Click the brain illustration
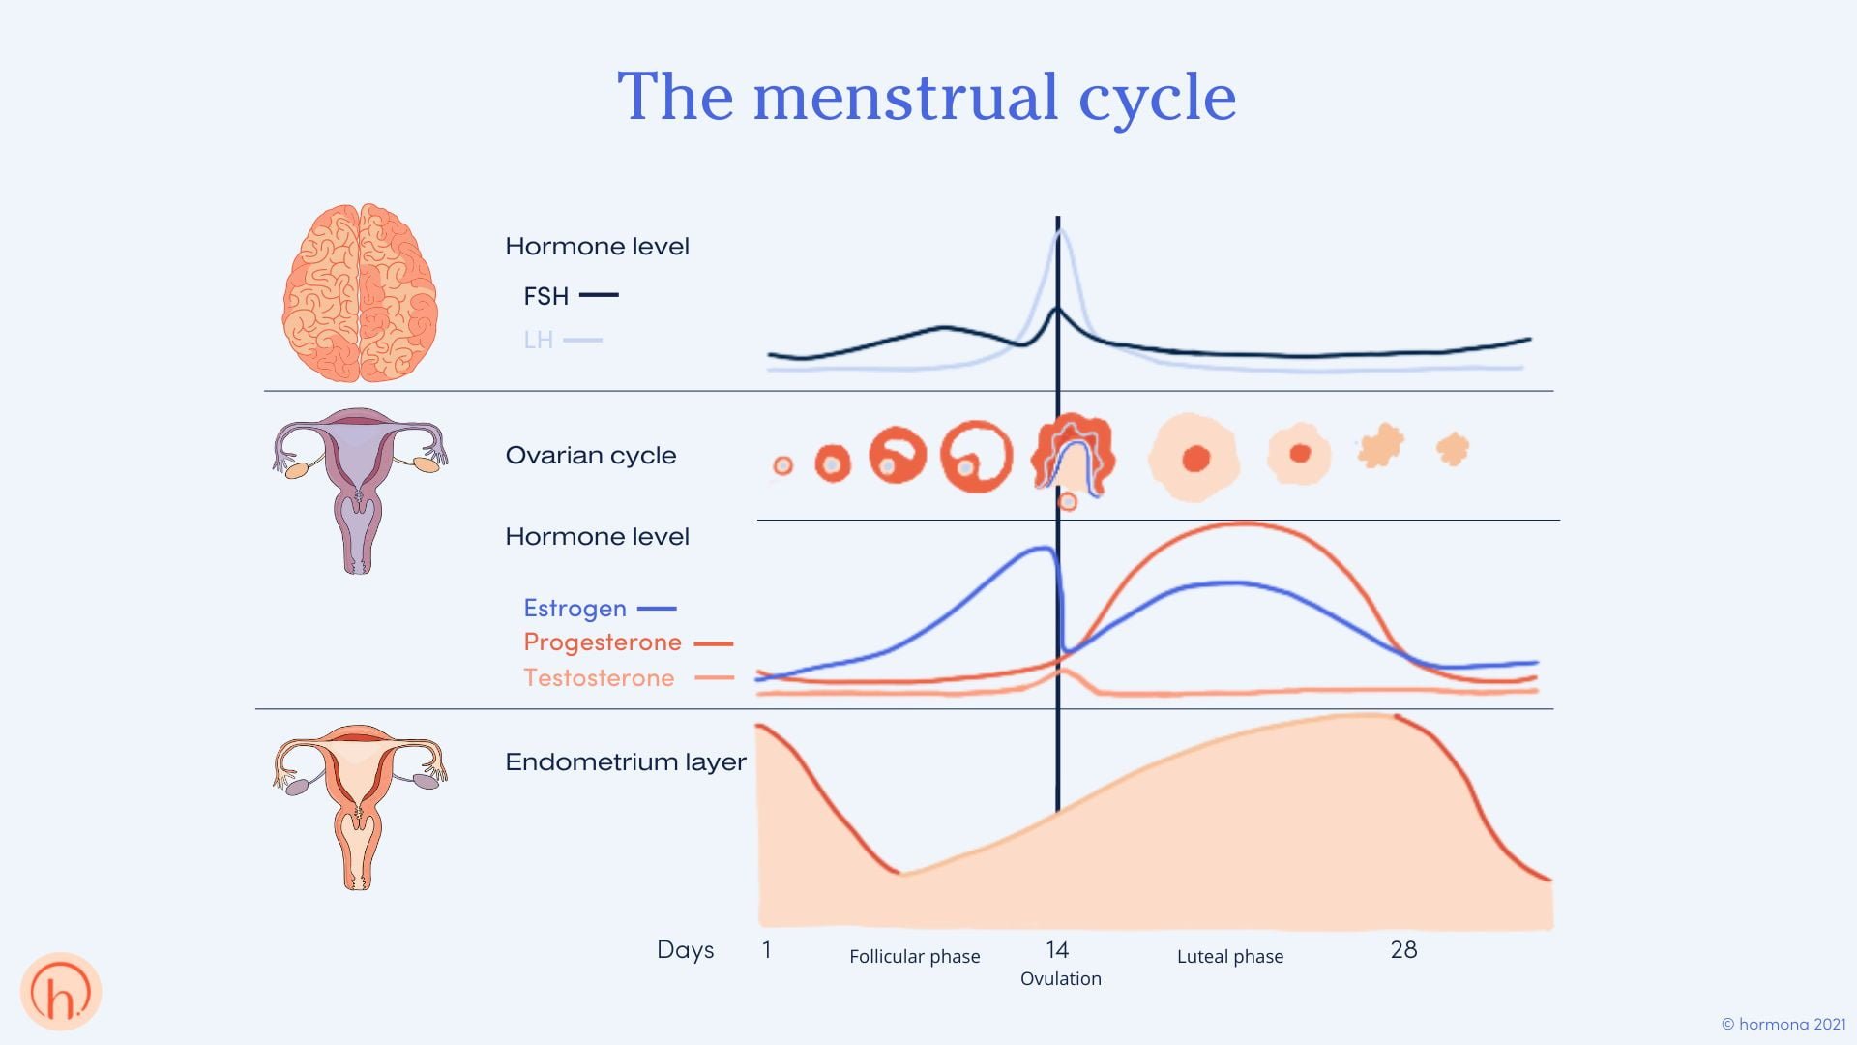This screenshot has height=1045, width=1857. [x=360, y=292]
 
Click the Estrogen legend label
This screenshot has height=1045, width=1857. [x=575, y=609]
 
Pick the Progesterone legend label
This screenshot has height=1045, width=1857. [x=602, y=642]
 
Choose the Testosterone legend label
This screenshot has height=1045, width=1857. [x=598, y=678]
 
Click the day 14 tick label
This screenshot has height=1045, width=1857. [x=1056, y=950]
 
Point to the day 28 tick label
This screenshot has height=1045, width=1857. [x=1403, y=950]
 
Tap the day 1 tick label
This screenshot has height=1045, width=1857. [x=766, y=950]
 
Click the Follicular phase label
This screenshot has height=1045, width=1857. [x=914, y=957]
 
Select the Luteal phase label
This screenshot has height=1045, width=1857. [x=1229, y=957]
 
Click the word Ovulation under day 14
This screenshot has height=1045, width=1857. [x=1060, y=979]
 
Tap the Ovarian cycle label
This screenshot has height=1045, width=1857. [x=590, y=456]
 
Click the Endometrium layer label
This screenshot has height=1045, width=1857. [x=625, y=762]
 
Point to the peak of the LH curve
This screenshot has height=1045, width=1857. [x=1060, y=230]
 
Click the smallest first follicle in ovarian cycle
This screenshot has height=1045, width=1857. [x=782, y=466]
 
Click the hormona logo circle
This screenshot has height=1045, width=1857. [x=61, y=992]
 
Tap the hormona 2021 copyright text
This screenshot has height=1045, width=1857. [x=1783, y=1024]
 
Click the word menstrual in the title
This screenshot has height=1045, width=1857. [x=905, y=98]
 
